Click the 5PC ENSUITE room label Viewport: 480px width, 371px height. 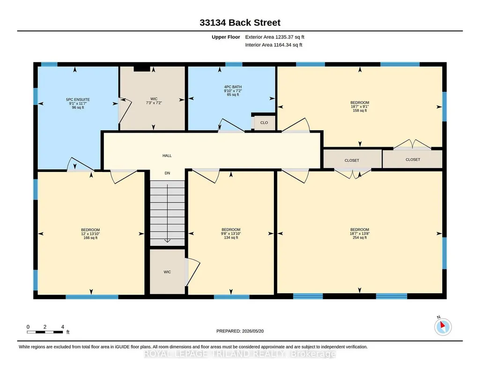tap(78, 99)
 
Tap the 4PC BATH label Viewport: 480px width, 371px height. tap(233, 87)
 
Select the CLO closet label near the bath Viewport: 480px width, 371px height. tap(264, 123)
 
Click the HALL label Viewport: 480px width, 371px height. tap(167, 156)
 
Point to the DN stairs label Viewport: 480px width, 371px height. tap(167, 173)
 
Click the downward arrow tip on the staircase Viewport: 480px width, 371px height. tap(167, 242)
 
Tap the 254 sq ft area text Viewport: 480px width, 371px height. tap(360, 237)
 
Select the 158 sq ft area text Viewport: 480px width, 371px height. tap(360, 111)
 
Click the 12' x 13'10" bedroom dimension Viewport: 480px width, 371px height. tap(90, 234)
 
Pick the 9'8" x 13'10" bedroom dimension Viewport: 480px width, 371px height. tap(231, 234)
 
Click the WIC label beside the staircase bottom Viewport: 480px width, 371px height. tap(167, 272)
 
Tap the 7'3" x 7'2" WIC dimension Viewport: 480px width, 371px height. tap(154, 103)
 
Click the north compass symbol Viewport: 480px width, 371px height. tap(443, 326)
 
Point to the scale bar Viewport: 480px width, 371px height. tap(44, 332)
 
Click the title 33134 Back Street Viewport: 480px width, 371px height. tap(240, 22)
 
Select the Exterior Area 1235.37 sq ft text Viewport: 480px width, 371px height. tap(274, 37)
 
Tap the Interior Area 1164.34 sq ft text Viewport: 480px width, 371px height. tap(273, 45)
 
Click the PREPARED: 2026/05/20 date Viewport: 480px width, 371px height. tap(240, 331)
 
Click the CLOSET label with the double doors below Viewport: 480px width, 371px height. tap(352, 160)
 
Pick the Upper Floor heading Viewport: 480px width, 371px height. tap(226, 37)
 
